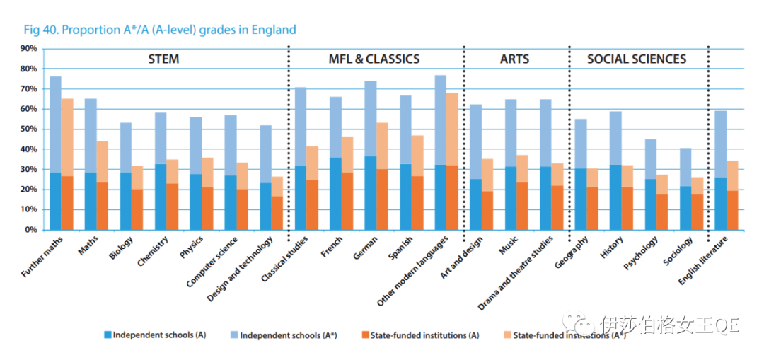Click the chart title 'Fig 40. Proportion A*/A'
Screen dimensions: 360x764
(159, 30)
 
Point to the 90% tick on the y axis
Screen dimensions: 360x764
(28, 49)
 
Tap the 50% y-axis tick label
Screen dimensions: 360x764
(28, 129)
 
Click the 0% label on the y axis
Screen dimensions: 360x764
(31, 230)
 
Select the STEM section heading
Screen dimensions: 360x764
(163, 59)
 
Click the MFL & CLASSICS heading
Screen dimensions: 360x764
(374, 59)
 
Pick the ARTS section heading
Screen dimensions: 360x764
(514, 59)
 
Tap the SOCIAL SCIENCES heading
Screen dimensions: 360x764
(637, 59)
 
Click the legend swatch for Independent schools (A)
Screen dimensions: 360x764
(108, 335)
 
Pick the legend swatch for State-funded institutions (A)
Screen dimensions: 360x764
(364, 335)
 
